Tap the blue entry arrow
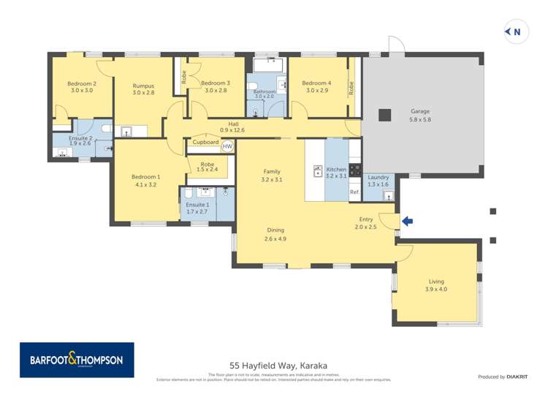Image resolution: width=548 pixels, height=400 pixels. [407, 221]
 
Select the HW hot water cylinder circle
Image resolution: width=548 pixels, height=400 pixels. [227, 146]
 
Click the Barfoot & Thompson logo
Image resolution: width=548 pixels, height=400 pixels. [77, 360]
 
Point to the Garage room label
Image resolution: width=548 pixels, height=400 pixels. [419, 112]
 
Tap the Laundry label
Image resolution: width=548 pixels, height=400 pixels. [378, 178]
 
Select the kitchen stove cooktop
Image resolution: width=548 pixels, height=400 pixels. [354, 170]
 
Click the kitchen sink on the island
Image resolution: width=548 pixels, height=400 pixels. [318, 171]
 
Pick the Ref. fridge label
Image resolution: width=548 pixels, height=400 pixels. [354, 192]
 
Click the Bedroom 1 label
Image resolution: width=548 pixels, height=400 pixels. [145, 177]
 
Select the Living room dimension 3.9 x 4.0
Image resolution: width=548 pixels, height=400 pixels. [437, 290]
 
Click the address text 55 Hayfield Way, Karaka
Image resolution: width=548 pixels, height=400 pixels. [278, 365]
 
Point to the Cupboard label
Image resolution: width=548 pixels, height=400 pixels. [205, 143]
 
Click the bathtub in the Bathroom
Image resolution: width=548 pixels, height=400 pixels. [265, 65]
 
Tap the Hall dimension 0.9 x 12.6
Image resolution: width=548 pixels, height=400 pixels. [232, 131]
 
